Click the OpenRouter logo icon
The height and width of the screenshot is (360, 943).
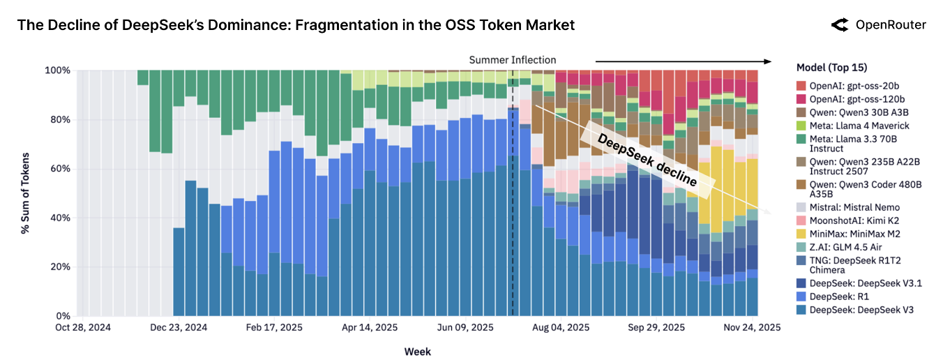pos(840,25)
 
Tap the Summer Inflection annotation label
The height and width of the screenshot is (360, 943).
pos(513,60)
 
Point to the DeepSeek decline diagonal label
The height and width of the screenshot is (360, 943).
pos(648,159)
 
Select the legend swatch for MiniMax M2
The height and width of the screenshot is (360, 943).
pos(801,234)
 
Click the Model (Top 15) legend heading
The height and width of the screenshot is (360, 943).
pos(831,68)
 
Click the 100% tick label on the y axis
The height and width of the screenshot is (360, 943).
pos(59,70)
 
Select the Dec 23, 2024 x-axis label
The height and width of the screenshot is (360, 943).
pos(179,327)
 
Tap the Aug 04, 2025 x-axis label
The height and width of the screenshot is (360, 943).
pos(560,327)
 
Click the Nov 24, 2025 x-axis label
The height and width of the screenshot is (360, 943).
pos(751,327)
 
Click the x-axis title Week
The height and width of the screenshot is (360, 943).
pos(417,352)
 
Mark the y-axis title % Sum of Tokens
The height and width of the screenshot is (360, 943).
pos(25,193)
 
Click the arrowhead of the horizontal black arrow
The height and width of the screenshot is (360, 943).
pos(769,61)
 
